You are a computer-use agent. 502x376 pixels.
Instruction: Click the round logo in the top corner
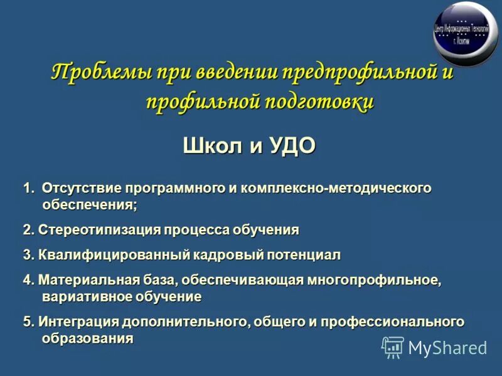point(465,33)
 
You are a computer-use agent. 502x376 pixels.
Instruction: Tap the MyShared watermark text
point(447,348)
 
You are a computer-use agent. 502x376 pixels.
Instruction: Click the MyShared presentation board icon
point(393,347)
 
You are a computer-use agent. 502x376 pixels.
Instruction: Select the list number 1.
point(27,189)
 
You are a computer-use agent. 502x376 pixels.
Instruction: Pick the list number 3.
point(26,255)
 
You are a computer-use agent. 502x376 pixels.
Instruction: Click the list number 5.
point(26,322)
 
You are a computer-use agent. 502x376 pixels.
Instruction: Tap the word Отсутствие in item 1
point(82,189)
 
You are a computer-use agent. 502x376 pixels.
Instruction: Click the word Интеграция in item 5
point(76,322)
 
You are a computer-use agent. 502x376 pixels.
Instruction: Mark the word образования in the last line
point(88,338)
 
